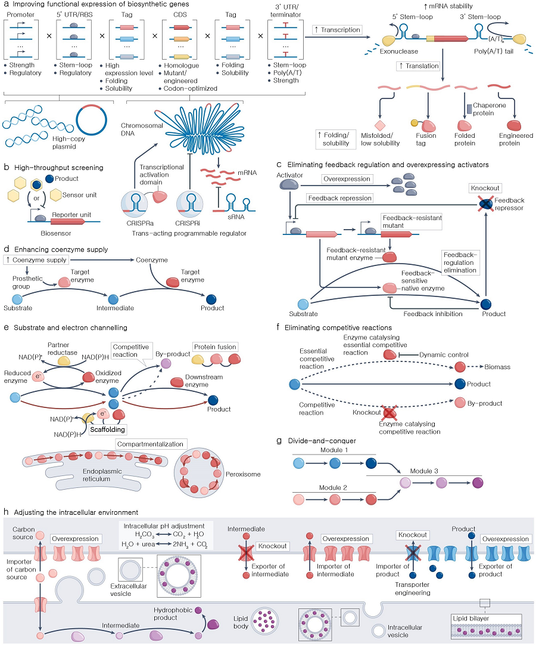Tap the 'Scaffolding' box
coord(108,428)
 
